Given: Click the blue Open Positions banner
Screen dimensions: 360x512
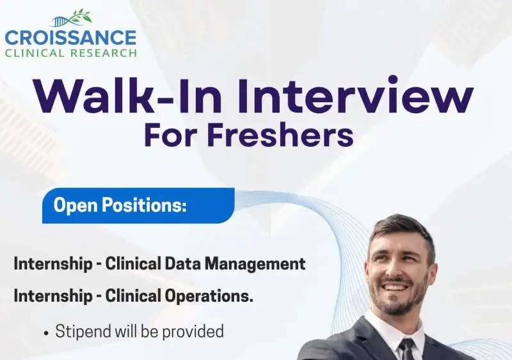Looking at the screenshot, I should pyautogui.click(x=138, y=205).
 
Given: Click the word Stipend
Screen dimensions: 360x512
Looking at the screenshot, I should pyautogui.click(x=82, y=331).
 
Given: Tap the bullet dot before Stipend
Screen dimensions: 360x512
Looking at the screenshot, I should pyautogui.click(x=46, y=332).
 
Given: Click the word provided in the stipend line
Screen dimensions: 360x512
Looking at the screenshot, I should pyautogui.click(x=198, y=331).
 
